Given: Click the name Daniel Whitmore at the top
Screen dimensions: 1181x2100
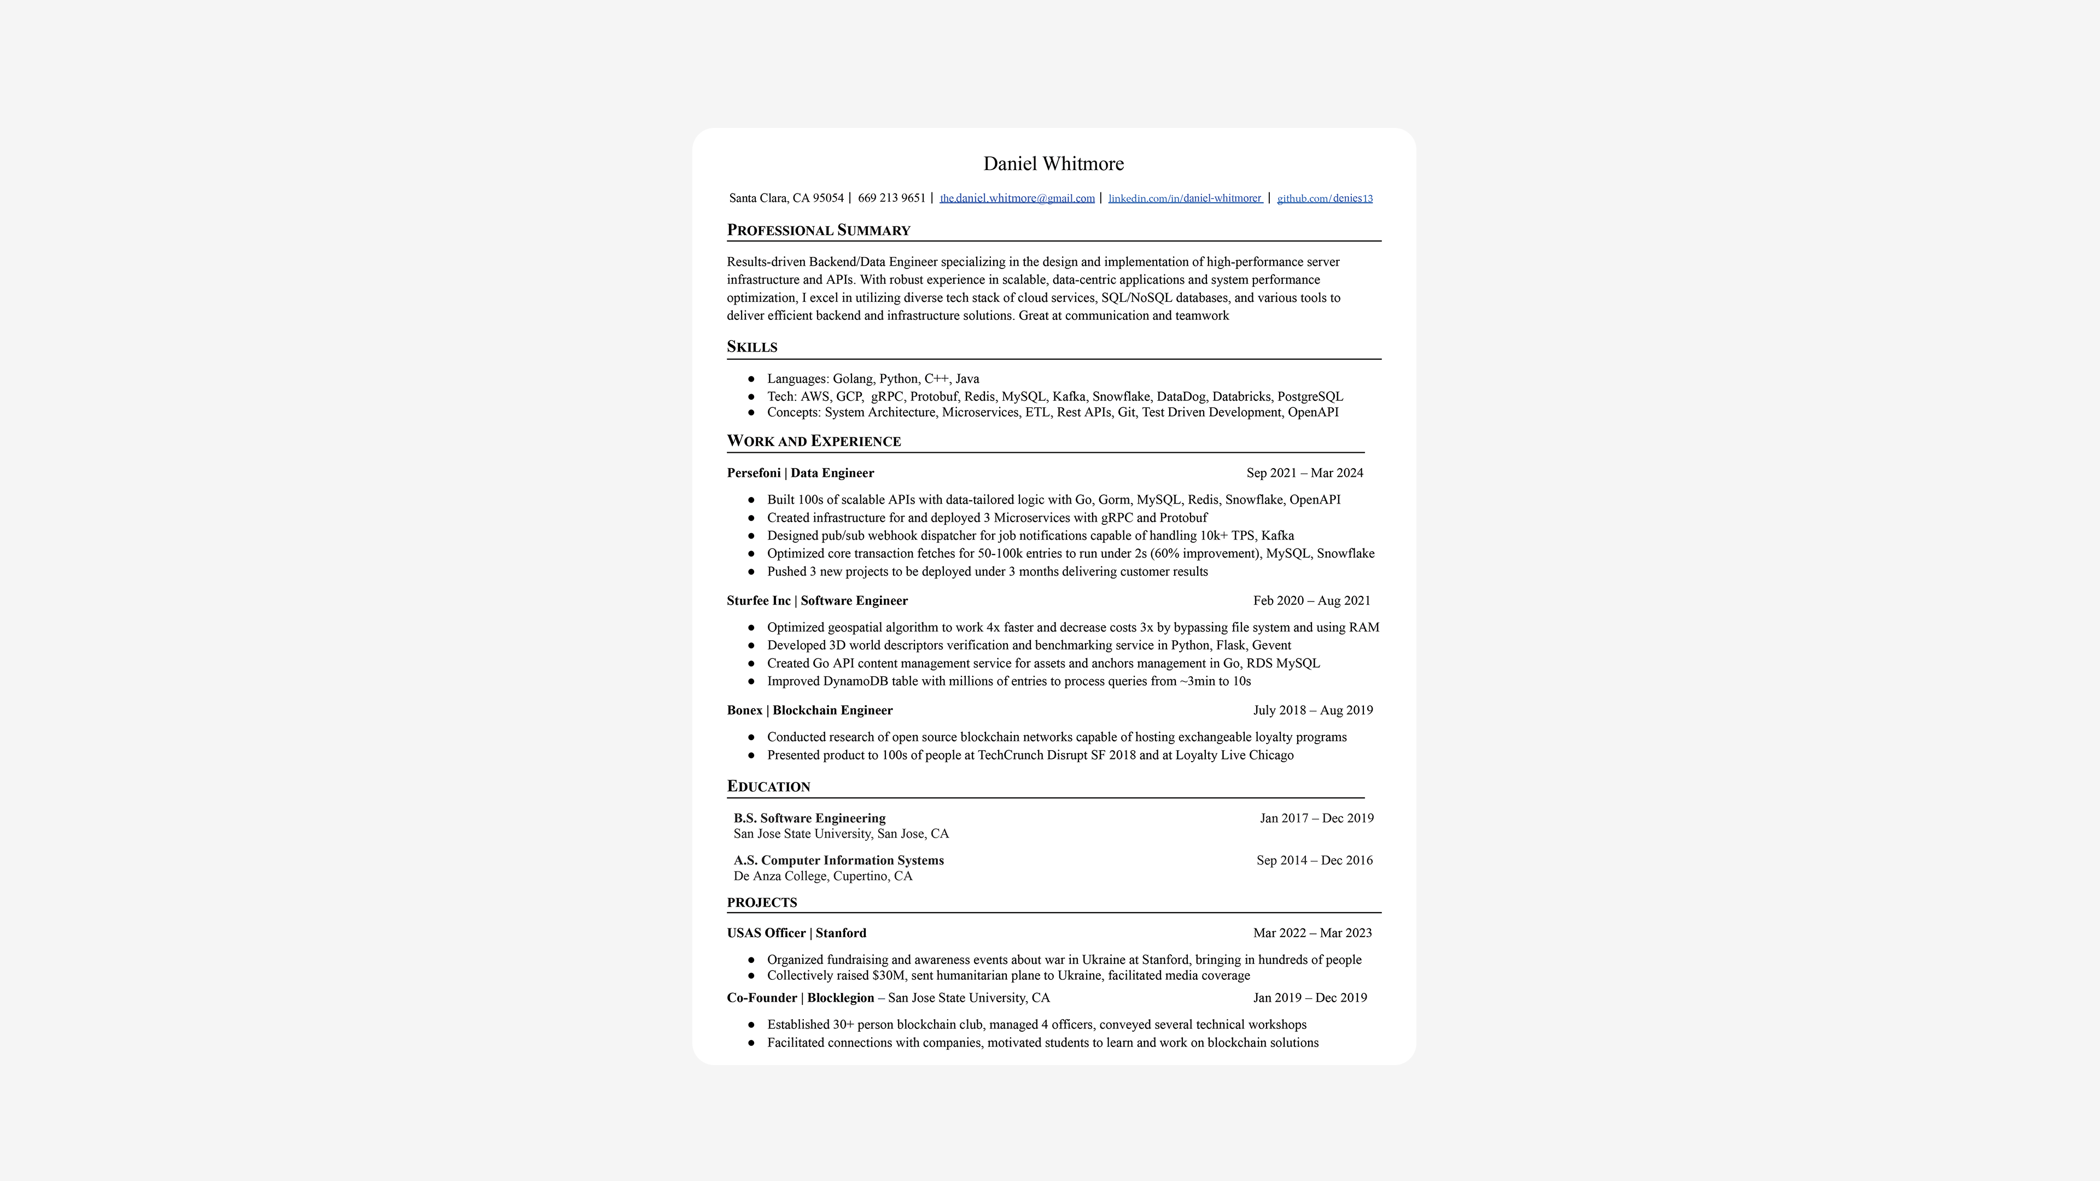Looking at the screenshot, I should pos(1053,164).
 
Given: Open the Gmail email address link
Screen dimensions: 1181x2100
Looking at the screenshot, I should pos(1017,198).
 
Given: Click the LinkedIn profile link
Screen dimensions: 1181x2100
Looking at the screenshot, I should pos(1185,198).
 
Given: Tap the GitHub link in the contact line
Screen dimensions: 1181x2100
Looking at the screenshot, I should pos(1325,198).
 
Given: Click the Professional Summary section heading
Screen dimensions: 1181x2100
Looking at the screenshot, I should pos(819,230).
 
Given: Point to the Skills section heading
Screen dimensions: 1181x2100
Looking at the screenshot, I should pos(751,347).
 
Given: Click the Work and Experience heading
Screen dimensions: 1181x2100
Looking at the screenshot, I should pos(814,441).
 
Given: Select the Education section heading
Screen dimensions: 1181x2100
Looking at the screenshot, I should pos(768,787).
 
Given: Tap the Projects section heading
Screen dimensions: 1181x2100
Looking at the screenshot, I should pos(761,902).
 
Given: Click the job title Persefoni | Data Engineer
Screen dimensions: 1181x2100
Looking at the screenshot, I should pos(800,473).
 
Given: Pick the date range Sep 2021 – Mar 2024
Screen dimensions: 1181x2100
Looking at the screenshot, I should pos(1304,473).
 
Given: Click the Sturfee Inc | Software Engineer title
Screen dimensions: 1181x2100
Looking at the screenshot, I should pos(817,601).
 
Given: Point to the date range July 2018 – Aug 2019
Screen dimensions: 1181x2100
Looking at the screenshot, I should pos(1312,710).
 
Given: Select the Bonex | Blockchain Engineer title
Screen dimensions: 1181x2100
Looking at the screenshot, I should pos(809,710).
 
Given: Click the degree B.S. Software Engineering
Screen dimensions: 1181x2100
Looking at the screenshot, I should pos(809,818).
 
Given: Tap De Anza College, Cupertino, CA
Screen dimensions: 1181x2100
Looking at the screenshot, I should pos(822,876).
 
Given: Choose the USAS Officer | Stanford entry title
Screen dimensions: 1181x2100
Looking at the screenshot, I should pos(796,933).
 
